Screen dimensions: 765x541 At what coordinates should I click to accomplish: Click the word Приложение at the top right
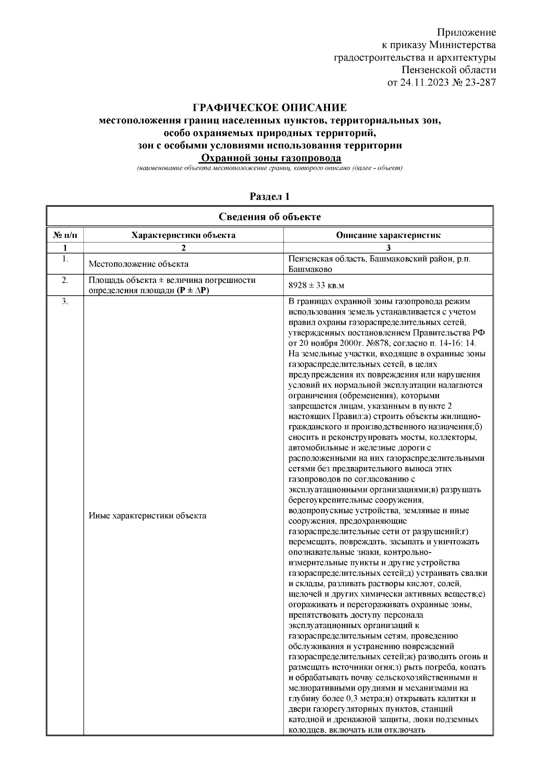[467, 32]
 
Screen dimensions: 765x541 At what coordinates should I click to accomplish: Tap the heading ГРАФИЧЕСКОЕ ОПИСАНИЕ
[270, 108]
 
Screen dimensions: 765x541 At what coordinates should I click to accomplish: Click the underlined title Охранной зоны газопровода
[270, 158]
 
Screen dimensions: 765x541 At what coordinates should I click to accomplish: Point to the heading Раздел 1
[270, 197]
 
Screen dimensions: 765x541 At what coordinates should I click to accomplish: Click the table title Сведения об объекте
[270, 217]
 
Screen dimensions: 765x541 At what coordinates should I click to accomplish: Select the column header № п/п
[65, 235]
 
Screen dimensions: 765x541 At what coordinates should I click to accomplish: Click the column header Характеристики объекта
[183, 235]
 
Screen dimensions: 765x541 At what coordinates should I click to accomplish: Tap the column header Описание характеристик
[388, 235]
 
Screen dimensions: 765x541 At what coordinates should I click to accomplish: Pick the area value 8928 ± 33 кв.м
[316, 286]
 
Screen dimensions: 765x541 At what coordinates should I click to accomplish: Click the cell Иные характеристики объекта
[147, 516]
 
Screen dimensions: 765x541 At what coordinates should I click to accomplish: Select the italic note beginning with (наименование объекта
[270, 168]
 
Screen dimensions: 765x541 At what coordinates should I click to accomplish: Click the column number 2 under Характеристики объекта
[183, 247]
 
